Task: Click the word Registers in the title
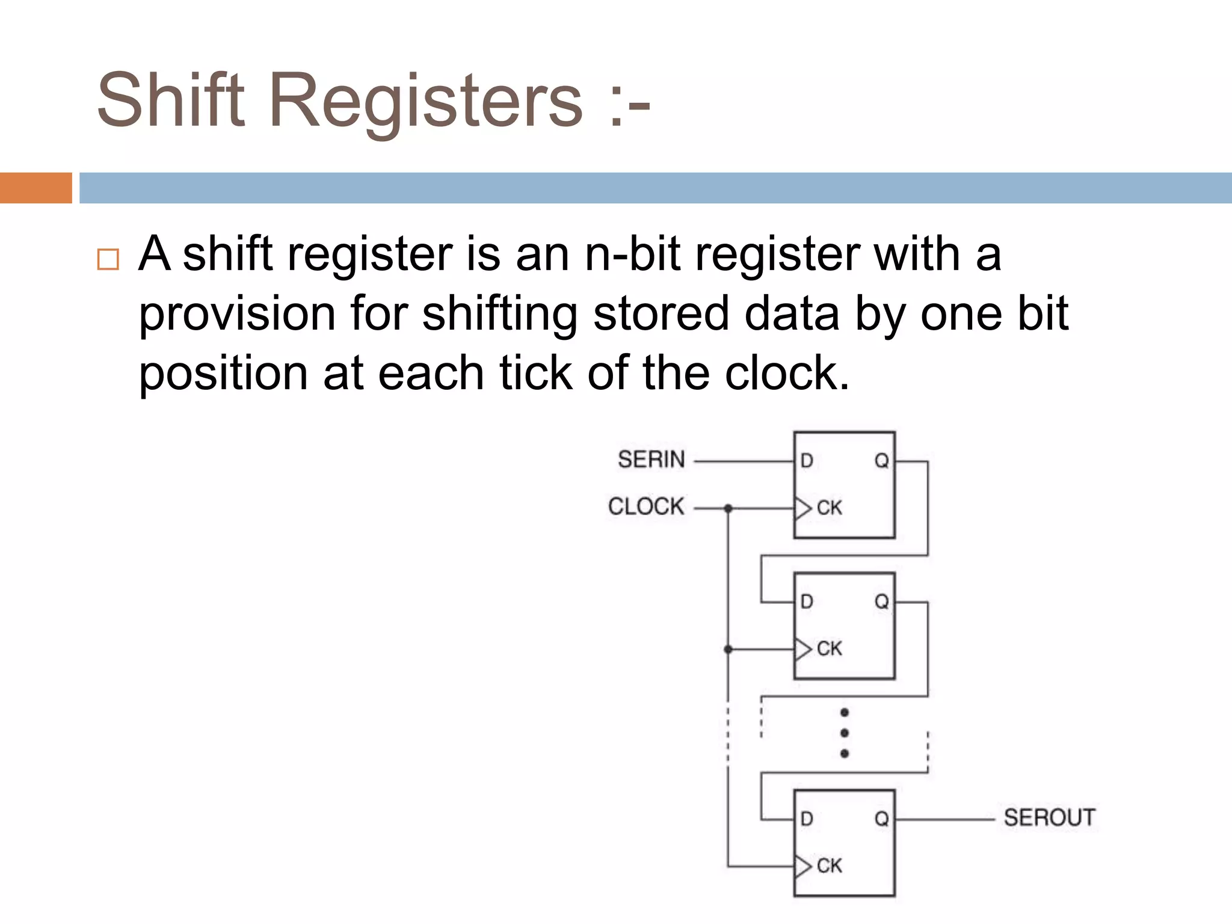point(426,101)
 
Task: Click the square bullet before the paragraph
point(108,260)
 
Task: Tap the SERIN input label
point(651,460)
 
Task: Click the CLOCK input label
point(646,507)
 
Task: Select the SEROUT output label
point(1049,818)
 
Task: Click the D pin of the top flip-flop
point(807,461)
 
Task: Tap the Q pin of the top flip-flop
point(881,461)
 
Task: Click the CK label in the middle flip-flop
point(830,649)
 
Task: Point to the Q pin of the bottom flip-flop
point(881,819)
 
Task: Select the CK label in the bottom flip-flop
point(830,866)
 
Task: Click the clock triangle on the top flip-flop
point(802,509)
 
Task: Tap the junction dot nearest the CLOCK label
point(728,509)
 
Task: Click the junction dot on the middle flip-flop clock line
point(728,650)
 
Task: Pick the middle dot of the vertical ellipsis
point(845,733)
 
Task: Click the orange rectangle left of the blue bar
point(35,188)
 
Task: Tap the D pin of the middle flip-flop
point(807,602)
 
